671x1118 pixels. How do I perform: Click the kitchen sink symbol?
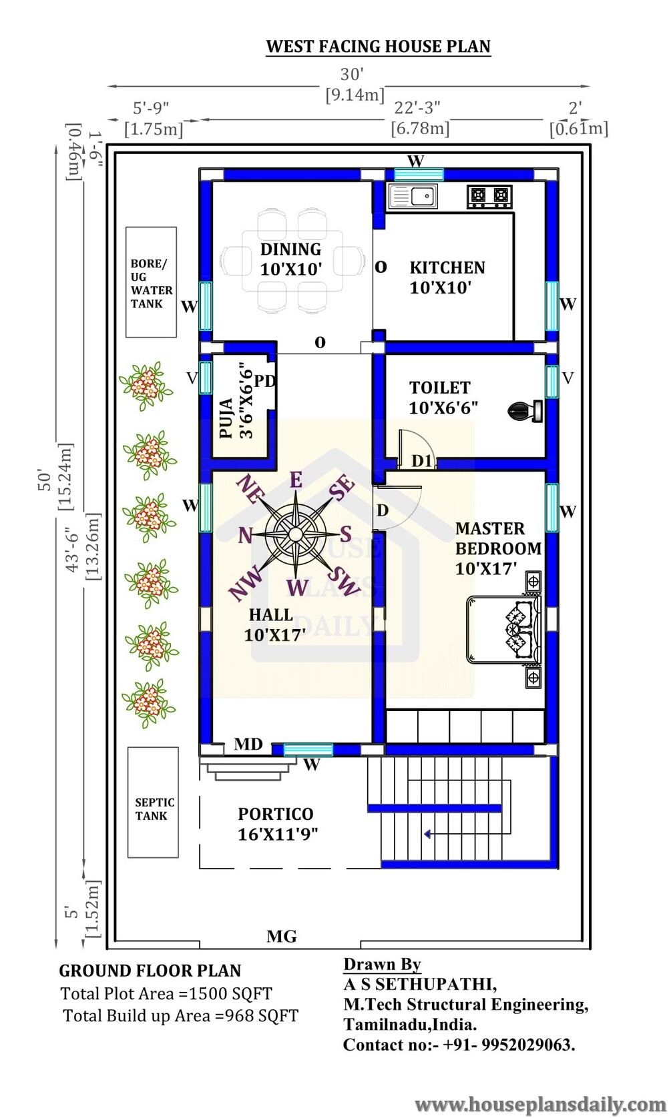tap(413, 196)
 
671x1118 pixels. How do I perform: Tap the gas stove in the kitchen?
tap(489, 196)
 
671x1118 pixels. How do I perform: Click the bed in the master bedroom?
tap(504, 629)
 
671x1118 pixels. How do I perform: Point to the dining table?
tap(292, 261)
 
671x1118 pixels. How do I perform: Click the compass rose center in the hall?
tap(295, 534)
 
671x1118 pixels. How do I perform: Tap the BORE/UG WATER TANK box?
tap(151, 282)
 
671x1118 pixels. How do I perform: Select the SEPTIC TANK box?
tap(153, 802)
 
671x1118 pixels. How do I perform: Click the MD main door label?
tap(248, 744)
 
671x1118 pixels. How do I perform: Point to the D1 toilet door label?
tap(422, 461)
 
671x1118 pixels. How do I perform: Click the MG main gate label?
tap(282, 936)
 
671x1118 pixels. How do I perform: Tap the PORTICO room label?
tap(276, 814)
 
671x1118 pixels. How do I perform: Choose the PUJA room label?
tap(226, 418)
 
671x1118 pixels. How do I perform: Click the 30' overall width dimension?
tap(353, 74)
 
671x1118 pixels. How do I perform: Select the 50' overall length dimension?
tap(45, 480)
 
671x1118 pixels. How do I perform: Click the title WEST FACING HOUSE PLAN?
tap(378, 47)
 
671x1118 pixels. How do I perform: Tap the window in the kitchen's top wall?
tap(419, 174)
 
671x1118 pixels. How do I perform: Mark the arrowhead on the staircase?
tap(428, 833)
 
